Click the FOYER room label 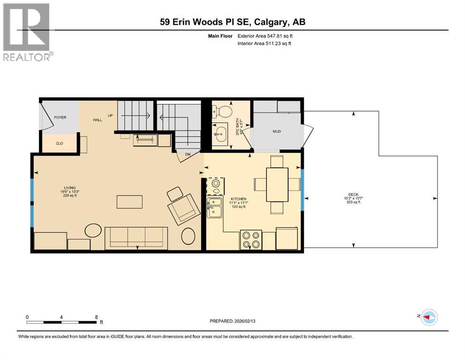(60, 117)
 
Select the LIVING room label (70, 187)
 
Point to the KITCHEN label (238, 199)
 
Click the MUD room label (276, 131)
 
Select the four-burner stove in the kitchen (251, 240)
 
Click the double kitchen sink (214, 208)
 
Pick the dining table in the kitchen (277, 184)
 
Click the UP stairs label (111, 115)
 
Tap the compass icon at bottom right (428, 317)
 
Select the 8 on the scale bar (96, 317)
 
